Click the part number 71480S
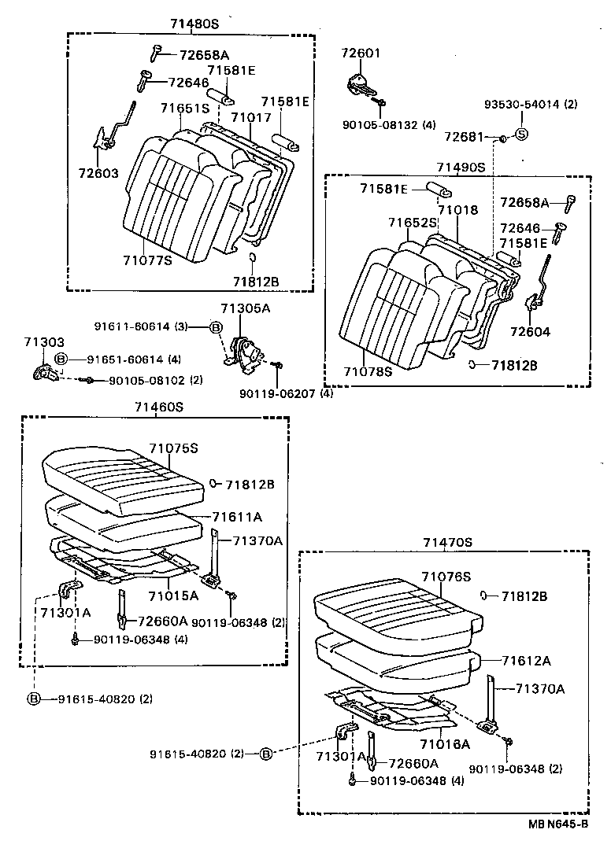click(194, 24)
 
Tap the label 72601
click(361, 53)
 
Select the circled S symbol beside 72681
click(520, 135)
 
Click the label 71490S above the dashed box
click(461, 168)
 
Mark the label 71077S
click(146, 260)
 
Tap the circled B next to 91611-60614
click(217, 326)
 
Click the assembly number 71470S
click(447, 542)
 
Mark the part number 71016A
click(445, 743)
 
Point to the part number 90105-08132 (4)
click(389, 124)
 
